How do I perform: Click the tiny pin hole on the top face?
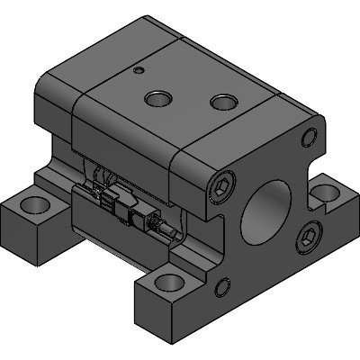click(137, 69)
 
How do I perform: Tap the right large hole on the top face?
click(222, 102)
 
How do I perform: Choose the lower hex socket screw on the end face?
click(309, 236)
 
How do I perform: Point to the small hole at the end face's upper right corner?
click(310, 137)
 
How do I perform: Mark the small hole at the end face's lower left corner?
click(220, 289)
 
